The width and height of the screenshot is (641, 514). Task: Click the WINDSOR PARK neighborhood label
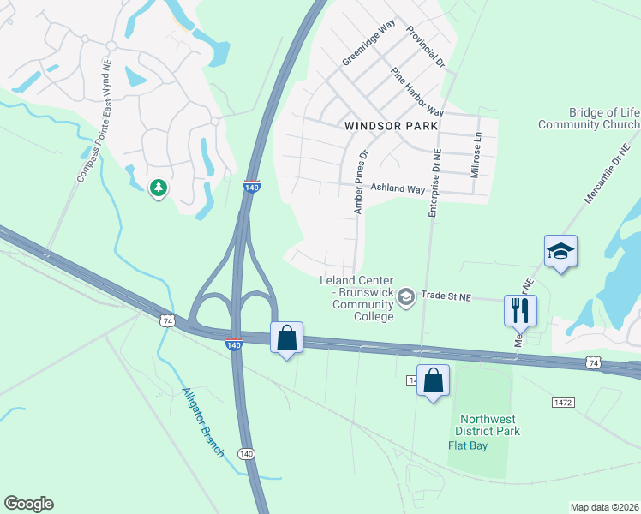click(391, 125)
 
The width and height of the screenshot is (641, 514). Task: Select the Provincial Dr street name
click(426, 46)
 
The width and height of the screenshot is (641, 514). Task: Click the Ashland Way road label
click(397, 188)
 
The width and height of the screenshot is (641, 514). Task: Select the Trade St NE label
click(446, 296)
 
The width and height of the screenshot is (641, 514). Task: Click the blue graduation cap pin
click(560, 251)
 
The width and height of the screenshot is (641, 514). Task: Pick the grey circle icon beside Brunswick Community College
click(406, 296)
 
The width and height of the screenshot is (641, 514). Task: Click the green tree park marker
click(158, 188)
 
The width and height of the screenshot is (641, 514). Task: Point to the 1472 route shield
click(564, 402)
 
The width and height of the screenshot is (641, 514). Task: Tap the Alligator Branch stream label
click(203, 422)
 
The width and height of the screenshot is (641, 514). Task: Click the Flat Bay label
click(469, 445)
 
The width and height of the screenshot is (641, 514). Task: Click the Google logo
click(28, 504)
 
